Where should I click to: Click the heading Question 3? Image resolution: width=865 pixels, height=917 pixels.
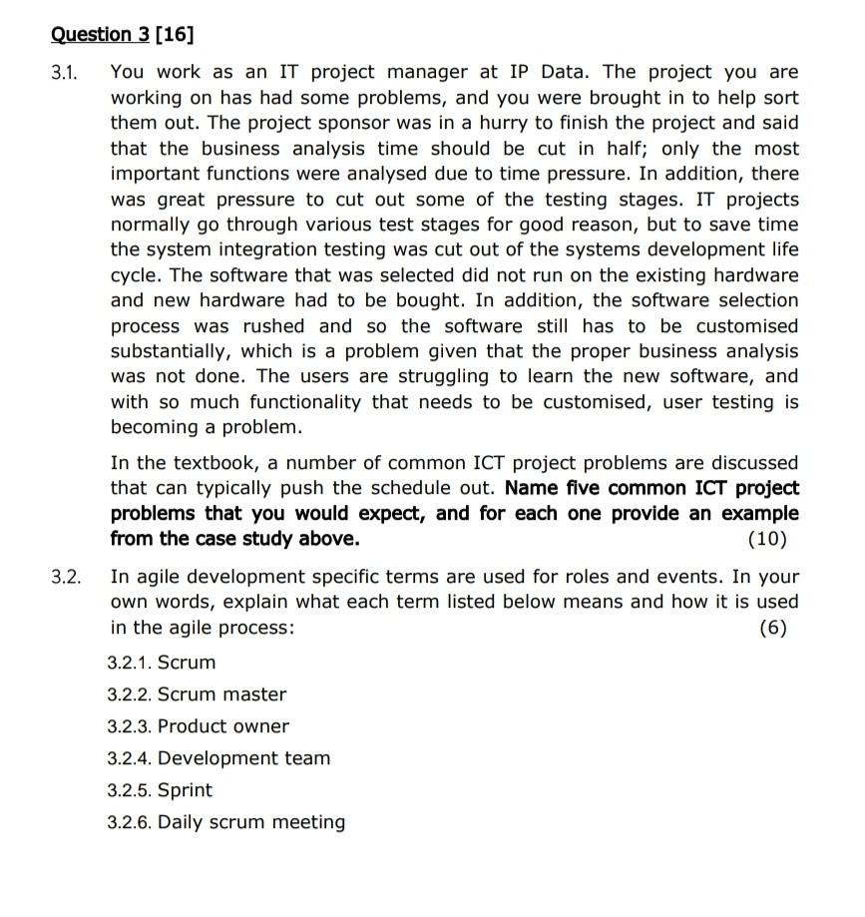coord(100,35)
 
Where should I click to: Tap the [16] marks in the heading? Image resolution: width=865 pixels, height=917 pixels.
coord(174,35)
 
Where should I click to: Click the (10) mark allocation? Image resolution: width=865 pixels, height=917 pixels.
coord(766,540)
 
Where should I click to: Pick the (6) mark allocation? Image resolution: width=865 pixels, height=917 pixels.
coord(772,628)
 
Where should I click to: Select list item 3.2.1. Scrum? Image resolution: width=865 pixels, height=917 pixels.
coord(162,663)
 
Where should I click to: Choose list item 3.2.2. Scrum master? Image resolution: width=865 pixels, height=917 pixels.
coord(197,694)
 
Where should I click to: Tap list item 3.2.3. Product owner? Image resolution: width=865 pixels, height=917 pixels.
coord(198,726)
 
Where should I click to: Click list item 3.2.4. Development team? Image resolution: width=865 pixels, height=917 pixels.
coord(218,758)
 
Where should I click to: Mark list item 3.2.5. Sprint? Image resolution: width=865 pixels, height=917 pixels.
coord(160,790)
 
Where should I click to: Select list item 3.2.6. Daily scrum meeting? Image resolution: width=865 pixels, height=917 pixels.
coord(226,822)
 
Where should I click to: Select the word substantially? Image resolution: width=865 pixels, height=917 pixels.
coord(180,351)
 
